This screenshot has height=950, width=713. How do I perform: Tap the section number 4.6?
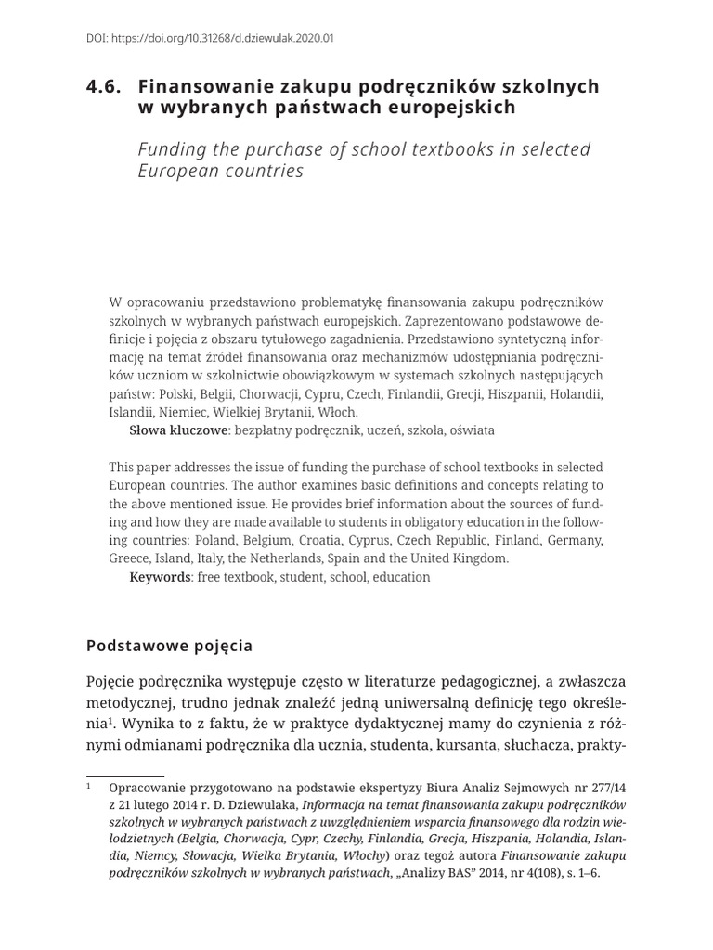click(104, 86)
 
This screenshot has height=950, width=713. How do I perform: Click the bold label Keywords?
click(160, 577)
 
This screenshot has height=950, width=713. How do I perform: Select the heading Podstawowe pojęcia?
click(169, 645)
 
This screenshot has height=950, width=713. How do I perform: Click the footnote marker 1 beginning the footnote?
click(89, 786)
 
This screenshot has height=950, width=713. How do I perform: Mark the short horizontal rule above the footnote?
click(124, 775)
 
